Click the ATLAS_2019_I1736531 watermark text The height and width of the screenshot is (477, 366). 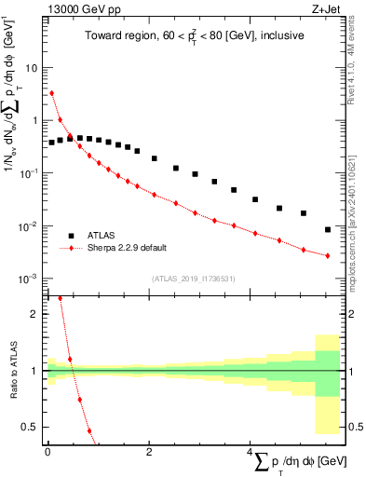coord(194,278)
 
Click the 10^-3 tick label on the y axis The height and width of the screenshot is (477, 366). coord(28,279)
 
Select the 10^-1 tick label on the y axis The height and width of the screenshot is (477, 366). coord(28,173)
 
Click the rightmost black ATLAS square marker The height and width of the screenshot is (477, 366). coord(328,229)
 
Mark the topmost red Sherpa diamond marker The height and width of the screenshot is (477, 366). coord(52,93)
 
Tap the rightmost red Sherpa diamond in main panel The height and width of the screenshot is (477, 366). coord(328,255)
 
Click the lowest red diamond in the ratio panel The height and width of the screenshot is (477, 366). coord(90,430)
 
